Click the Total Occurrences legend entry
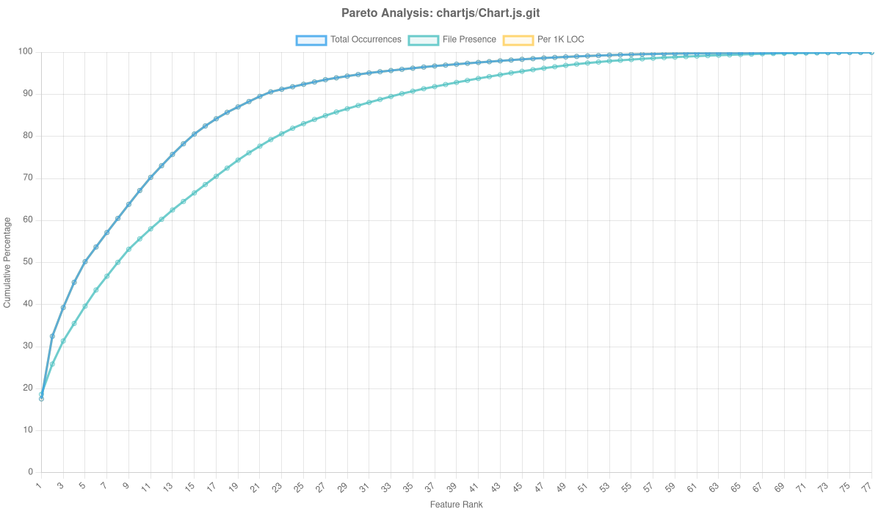coord(366,40)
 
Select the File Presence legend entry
coord(469,40)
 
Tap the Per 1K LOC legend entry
coord(561,40)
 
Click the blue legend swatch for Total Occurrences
coord(311,40)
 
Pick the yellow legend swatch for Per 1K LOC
coord(518,40)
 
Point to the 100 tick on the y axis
coord(26,51)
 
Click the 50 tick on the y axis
coord(29,261)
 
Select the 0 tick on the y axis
coord(31,471)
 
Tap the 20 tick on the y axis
coord(29,388)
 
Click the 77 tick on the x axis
coord(867,486)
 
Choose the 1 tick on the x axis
coord(39,486)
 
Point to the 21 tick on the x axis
coord(256,486)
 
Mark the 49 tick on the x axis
coord(562,486)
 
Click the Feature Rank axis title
coord(456,505)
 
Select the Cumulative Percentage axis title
coord(7,261)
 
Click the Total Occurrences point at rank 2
coord(52,336)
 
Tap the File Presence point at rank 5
coord(84,306)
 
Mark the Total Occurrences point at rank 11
coord(151,177)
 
